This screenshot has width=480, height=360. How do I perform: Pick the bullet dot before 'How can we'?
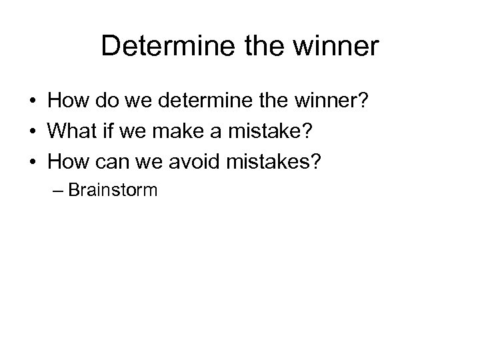32,162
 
